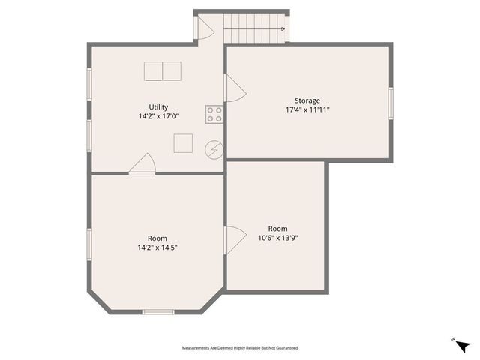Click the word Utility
[x=158, y=106]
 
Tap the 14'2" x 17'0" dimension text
[x=158, y=116]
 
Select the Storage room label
[x=307, y=100]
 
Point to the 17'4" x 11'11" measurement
[x=307, y=109]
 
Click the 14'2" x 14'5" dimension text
[x=157, y=247]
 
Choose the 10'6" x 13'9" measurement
[x=278, y=238]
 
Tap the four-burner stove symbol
[x=214, y=114]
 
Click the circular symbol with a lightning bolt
[x=214, y=149]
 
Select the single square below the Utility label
[x=183, y=142]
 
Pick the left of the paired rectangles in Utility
[x=154, y=70]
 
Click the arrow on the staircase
[x=283, y=29]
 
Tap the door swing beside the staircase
[x=203, y=28]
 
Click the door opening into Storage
[x=234, y=88]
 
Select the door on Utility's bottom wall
[x=142, y=164]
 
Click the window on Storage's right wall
[x=390, y=102]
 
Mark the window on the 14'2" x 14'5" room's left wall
[x=89, y=244]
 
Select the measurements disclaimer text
[x=240, y=348]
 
